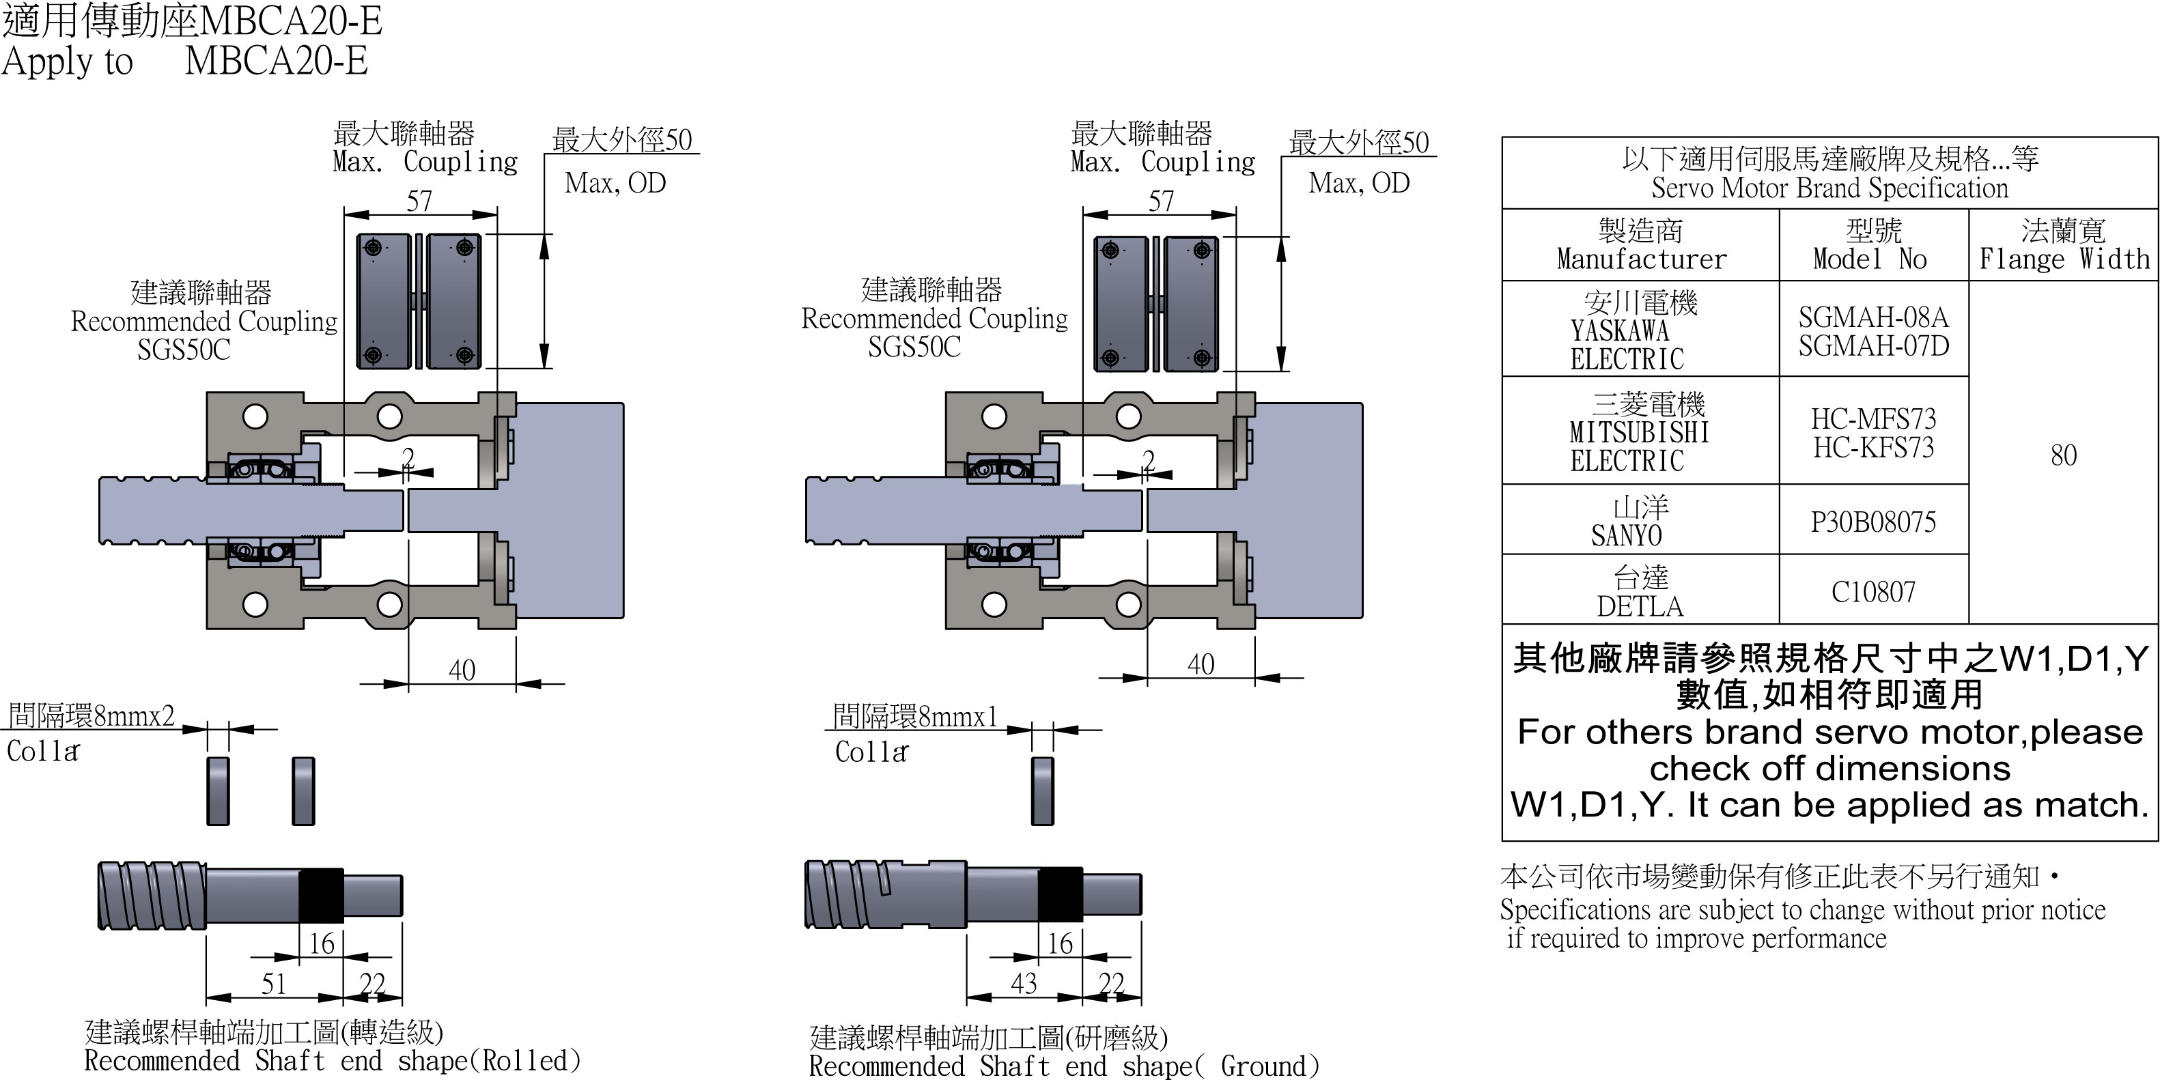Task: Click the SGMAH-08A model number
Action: [1873, 317]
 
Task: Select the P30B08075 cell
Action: [1873, 522]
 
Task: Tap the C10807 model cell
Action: [1873, 592]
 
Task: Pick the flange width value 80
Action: [2063, 455]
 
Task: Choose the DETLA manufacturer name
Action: [1639, 606]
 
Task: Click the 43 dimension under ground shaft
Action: [1023, 984]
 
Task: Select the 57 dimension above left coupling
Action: [419, 201]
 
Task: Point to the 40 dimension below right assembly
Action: [1201, 664]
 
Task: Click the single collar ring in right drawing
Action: [1042, 791]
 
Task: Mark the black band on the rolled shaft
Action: [321, 896]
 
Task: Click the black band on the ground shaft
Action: [1060, 896]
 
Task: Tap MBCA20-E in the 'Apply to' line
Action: [276, 61]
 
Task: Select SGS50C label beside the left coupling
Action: [184, 350]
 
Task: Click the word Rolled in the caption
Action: [530, 1061]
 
